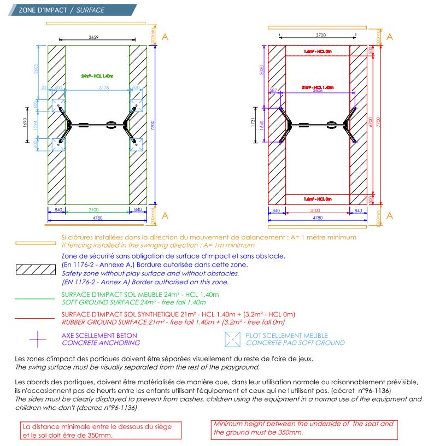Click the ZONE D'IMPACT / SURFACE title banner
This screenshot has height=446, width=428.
[x=61, y=10]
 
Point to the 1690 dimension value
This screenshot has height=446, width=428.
[x=24, y=122]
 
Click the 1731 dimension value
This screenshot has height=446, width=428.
[x=253, y=123]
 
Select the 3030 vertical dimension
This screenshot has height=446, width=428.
[x=263, y=70]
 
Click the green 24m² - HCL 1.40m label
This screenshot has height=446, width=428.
[x=97, y=77]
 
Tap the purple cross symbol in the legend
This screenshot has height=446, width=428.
[x=37, y=339]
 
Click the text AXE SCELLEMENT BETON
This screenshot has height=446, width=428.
[x=99, y=335]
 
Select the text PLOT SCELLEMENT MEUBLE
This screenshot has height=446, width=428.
[x=287, y=335]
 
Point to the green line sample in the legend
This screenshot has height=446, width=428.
[x=35, y=298]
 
